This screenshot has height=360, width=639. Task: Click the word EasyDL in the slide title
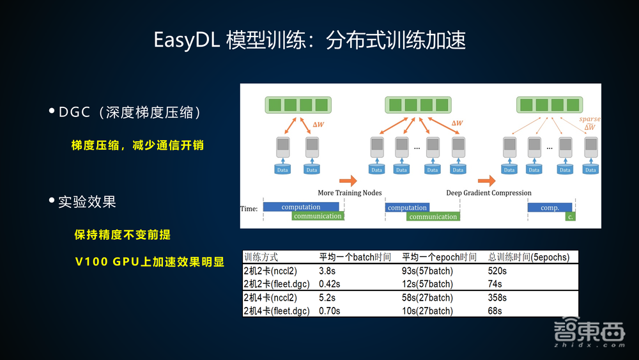(187, 40)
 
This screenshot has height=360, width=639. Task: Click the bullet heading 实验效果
(87, 202)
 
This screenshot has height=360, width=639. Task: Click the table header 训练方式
(261, 257)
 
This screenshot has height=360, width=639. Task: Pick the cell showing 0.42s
(330, 284)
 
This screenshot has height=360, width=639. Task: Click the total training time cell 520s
(497, 270)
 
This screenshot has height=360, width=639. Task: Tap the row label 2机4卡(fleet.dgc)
(277, 311)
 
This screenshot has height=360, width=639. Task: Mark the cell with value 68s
(495, 311)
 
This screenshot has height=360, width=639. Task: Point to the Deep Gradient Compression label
(488, 192)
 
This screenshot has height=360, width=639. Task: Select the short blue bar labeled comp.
(550, 207)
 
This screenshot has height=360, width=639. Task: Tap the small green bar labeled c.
(570, 217)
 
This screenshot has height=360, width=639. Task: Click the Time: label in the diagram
(249, 208)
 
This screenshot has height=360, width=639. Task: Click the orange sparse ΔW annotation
(589, 123)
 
